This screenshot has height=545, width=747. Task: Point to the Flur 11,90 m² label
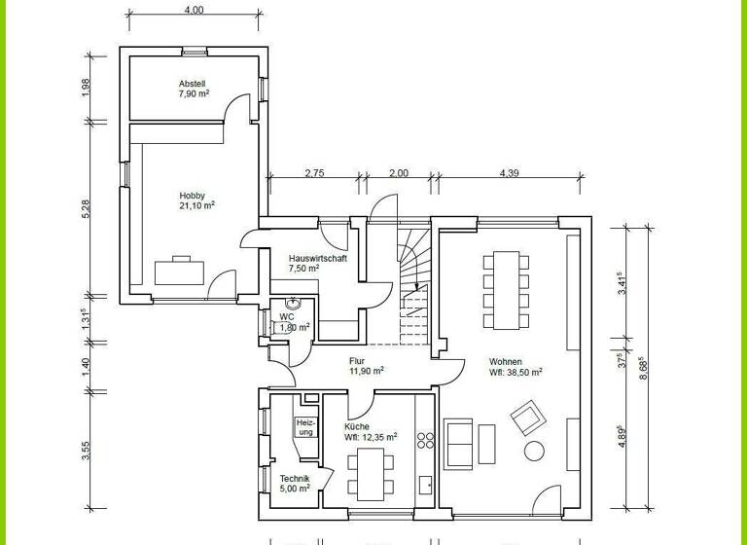click(x=366, y=365)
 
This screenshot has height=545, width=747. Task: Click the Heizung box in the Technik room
click(x=305, y=426)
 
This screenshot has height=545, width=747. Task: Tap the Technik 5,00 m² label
click(x=295, y=483)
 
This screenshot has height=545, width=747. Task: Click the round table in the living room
click(x=534, y=451)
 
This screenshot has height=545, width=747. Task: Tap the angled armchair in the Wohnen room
click(x=525, y=419)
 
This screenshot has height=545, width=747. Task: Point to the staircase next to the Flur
click(x=412, y=282)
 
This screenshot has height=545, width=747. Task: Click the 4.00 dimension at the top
click(x=194, y=10)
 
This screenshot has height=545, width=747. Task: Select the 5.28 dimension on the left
click(x=86, y=207)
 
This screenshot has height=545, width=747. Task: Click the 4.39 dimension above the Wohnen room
click(x=509, y=173)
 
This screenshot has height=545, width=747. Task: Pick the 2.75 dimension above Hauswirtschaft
click(x=314, y=173)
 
